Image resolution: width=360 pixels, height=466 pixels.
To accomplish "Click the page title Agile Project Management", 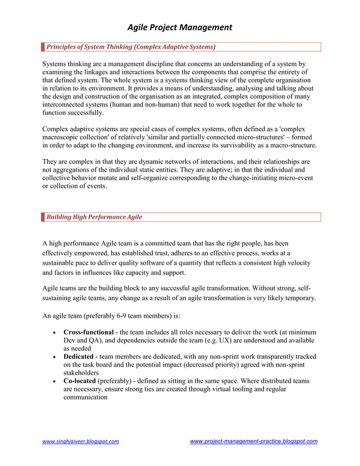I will pos(179,27).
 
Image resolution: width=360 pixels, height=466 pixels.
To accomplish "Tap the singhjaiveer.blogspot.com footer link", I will pos(81,441).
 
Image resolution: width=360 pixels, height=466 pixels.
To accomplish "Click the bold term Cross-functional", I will pos(88,332).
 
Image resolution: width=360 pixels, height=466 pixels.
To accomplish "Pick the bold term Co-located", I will pos(80,381).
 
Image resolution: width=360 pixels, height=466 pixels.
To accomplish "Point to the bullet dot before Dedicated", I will pos(53,357).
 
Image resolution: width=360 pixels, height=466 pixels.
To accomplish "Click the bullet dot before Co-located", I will pos(53,381).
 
